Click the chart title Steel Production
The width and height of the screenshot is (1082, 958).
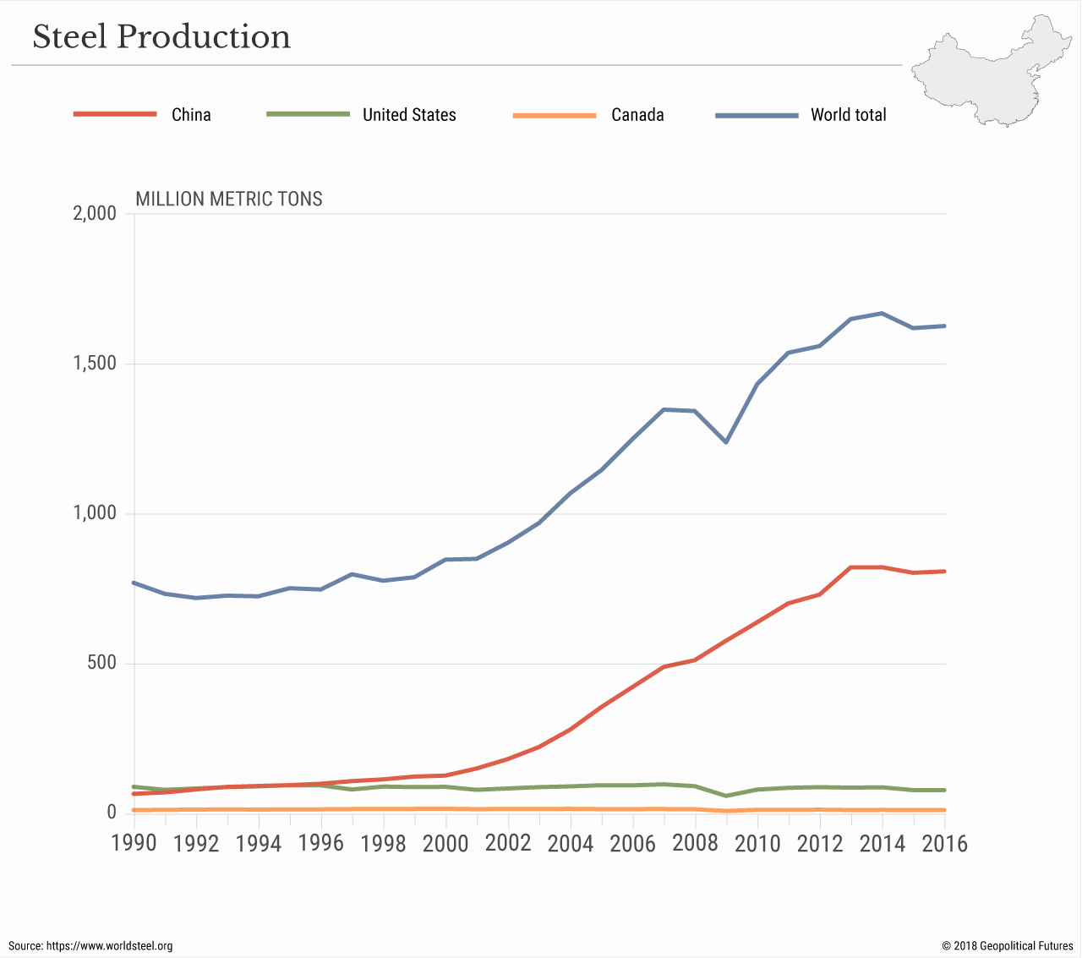point(161,37)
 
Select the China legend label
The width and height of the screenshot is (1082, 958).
point(191,115)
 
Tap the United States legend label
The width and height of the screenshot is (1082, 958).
point(409,115)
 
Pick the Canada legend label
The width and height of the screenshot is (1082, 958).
point(637,115)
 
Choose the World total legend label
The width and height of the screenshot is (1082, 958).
point(848,115)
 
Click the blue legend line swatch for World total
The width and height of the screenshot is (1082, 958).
point(757,115)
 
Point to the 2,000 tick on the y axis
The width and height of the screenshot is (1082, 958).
point(95,213)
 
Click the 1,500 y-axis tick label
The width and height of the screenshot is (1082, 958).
point(95,364)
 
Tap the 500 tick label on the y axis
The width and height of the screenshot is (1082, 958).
point(102,663)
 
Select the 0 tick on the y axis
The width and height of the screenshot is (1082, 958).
point(111,813)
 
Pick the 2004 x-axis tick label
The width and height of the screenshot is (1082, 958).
point(571,844)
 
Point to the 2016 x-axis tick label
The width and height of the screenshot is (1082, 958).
point(944,844)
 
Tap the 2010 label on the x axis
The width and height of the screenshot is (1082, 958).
point(757,844)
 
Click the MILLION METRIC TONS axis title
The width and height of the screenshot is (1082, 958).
point(229,200)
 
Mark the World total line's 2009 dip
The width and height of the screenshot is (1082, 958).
point(726,441)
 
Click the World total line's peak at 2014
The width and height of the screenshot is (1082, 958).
point(883,314)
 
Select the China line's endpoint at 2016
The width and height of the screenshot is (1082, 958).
point(944,572)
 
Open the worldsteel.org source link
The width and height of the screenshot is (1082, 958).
point(109,946)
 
